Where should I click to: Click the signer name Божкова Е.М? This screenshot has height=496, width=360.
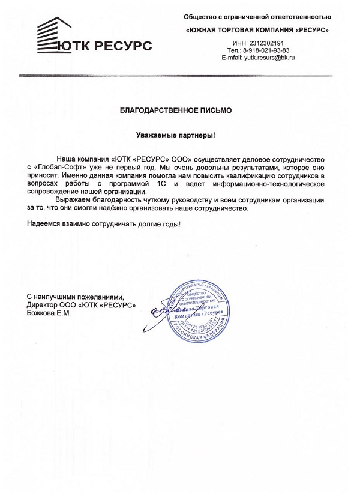[49, 313]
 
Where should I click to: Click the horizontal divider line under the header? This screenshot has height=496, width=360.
[180, 76]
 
